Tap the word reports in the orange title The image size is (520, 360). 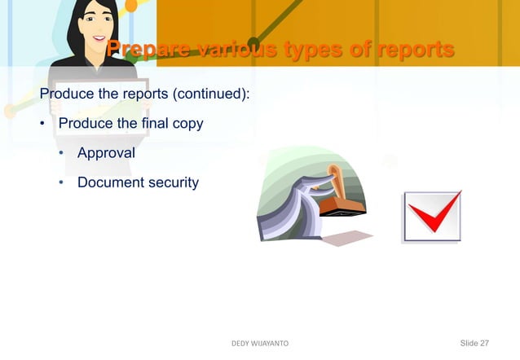coord(412,50)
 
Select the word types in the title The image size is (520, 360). coord(309,50)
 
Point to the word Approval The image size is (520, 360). coord(106,153)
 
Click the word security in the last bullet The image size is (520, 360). coord(169,182)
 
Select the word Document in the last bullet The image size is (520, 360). coord(108,182)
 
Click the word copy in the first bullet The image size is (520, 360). coord(187,124)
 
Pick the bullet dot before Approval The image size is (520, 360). coord(60,153)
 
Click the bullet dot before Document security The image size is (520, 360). coord(60,182)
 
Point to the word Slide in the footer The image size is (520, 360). coord(470,345)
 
